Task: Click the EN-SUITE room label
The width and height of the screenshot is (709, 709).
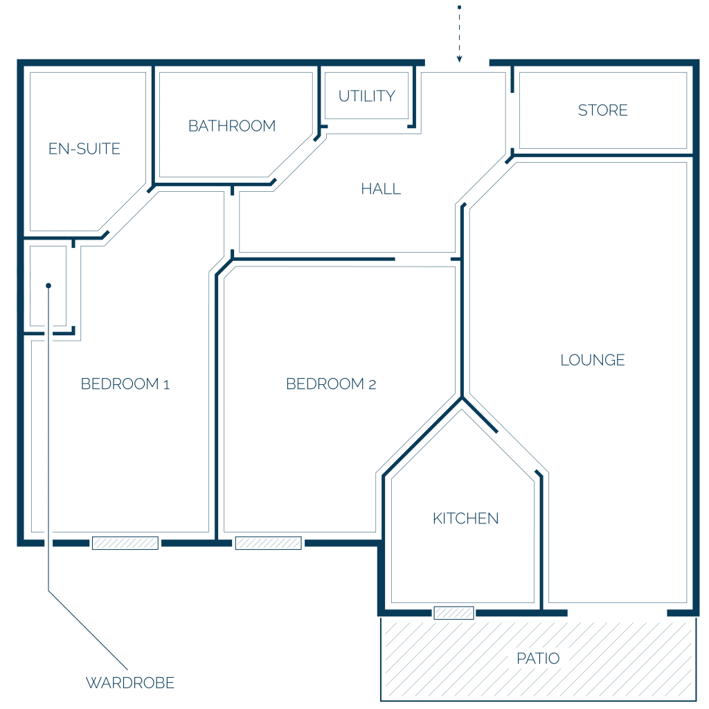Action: click(x=84, y=149)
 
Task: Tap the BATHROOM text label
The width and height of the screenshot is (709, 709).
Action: click(x=232, y=126)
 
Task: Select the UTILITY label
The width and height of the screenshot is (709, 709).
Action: click(x=367, y=96)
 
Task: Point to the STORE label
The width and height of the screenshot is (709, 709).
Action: click(x=603, y=110)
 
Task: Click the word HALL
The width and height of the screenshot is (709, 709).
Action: click(x=381, y=189)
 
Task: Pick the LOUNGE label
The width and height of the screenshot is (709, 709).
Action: click(x=593, y=360)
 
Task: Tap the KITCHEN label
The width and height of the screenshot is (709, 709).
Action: click(x=466, y=518)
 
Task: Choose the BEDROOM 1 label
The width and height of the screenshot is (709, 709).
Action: click(x=125, y=384)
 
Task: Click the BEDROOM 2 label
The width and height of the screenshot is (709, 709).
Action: click(x=331, y=384)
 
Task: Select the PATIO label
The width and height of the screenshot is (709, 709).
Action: click(x=538, y=658)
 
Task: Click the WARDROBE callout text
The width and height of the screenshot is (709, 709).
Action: click(x=130, y=683)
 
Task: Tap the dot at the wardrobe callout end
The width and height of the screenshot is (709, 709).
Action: click(x=48, y=286)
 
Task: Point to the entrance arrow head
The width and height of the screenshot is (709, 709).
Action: click(x=460, y=60)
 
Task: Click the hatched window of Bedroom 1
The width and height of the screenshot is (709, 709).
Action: click(x=125, y=543)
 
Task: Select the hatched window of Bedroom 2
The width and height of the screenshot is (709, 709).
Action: click(x=269, y=543)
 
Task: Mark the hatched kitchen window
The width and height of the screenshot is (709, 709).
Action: click(x=454, y=613)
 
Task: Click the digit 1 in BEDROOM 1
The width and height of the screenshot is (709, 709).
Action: click(x=166, y=385)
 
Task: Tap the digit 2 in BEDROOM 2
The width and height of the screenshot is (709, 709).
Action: click(x=372, y=385)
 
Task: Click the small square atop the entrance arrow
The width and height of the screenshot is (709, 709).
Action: click(x=460, y=8)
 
